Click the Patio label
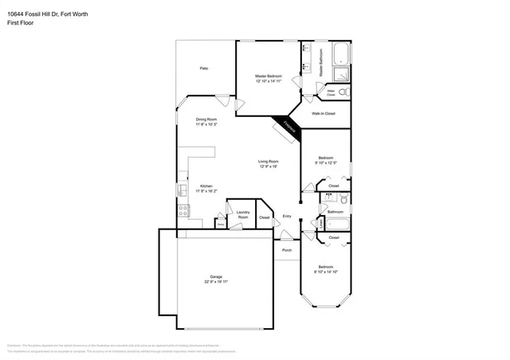point(204,69)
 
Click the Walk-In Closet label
point(323,114)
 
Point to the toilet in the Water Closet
point(343,93)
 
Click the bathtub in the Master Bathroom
point(341,53)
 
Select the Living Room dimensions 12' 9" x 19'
point(269,166)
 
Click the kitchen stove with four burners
point(182,211)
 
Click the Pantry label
point(221,225)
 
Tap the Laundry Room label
point(243,215)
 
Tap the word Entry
point(287,217)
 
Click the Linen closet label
point(320,225)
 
